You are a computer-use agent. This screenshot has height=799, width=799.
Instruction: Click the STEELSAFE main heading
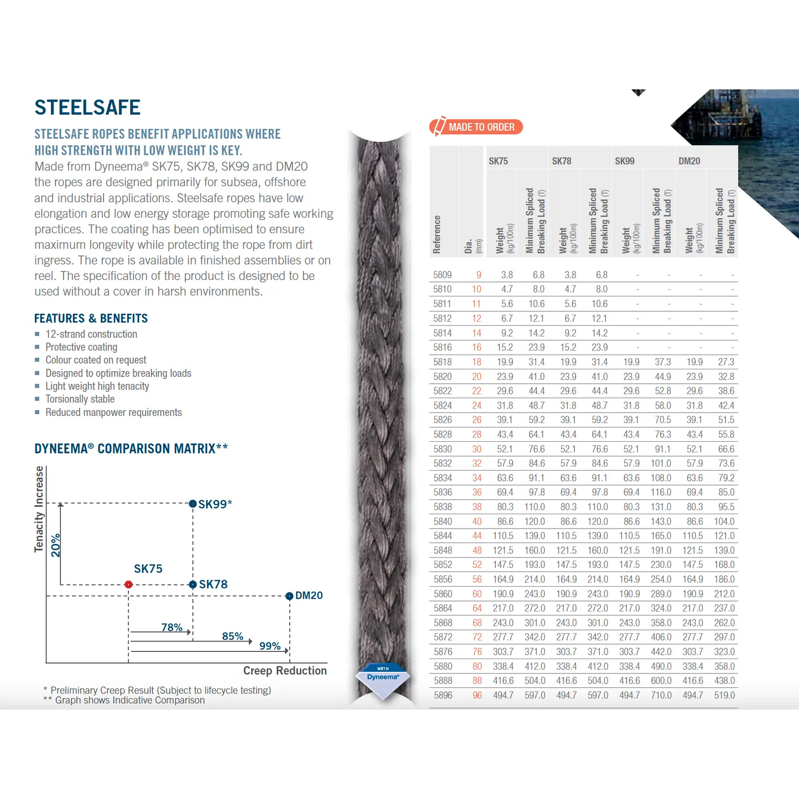[x=87, y=107]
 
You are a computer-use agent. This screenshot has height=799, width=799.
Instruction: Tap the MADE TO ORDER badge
[x=476, y=127]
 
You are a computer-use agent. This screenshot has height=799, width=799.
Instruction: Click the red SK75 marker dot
[x=128, y=584]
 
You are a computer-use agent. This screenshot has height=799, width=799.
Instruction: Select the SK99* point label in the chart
[x=215, y=504]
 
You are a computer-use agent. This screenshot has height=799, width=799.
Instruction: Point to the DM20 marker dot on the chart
[x=289, y=596]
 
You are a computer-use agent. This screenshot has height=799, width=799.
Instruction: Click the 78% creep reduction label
[x=171, y=627]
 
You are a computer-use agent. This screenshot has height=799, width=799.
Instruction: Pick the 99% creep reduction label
[x=270, y=646]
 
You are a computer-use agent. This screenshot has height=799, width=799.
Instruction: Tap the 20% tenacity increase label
[x=55, y=545]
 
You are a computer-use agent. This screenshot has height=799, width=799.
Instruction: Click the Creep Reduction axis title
[x=285, y=671]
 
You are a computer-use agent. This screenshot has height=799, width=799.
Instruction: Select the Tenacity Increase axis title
[x=39, y=509]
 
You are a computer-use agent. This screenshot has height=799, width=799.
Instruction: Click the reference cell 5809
[x=442, y=275]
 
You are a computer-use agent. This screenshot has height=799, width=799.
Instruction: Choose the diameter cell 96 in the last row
[x=477, y=696]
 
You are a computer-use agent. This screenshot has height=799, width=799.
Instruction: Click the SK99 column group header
[x=624, y=161]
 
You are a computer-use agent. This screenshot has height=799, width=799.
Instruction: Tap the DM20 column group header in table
[x=689, y=161]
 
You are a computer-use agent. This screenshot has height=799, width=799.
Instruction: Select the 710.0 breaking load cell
[x=661, y=696]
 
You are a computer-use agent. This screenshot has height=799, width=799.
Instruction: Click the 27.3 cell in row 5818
[x=725, y=362]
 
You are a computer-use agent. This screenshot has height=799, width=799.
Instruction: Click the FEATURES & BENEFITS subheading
[x=91, y=318]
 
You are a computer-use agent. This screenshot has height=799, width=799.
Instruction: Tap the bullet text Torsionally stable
[x=80, y=399]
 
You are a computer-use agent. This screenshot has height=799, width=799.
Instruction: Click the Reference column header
[x=437, y=234]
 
